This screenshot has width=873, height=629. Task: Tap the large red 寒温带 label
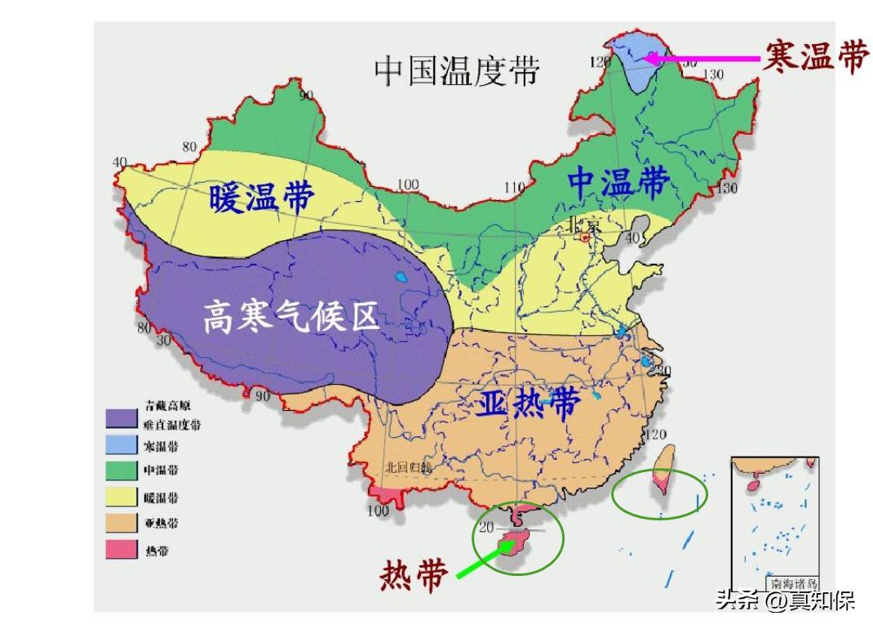point(815,57)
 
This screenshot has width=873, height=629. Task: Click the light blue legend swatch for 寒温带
point(121,446)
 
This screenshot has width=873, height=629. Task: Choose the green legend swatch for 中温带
point(121,471)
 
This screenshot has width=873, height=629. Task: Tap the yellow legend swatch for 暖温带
point(121,497)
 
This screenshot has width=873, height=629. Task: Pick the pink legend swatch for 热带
point(121,550)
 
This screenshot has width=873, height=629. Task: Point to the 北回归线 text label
point(408,468)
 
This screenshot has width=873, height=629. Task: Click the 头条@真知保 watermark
point(785,602)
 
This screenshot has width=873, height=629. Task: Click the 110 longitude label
point(514,189)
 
